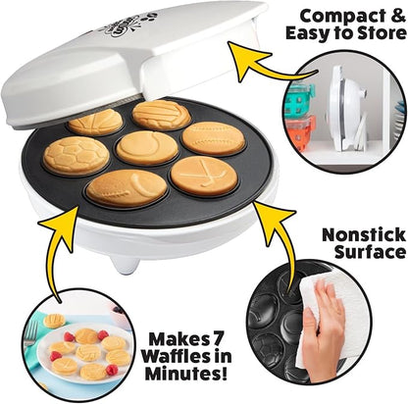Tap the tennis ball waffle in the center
coord(147,148)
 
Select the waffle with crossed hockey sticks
coord(203,176)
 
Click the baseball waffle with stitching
coord(214,138)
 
